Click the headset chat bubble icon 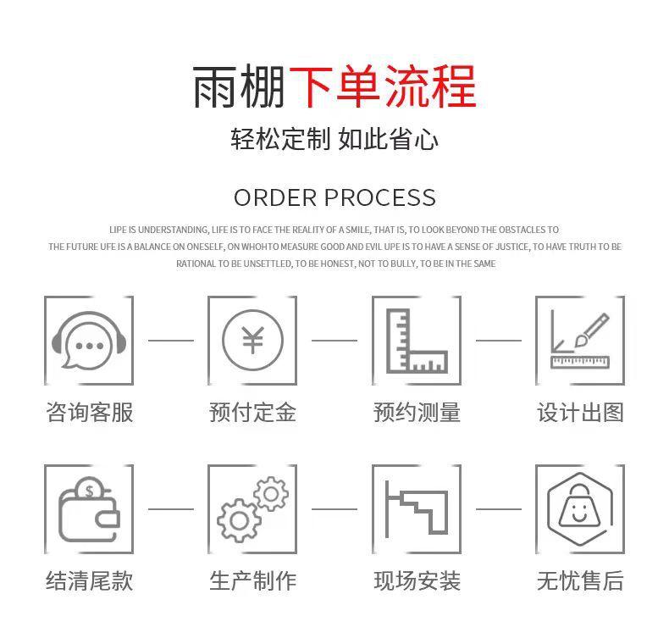(x=89, y=341)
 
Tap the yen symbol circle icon (x=252, y=341)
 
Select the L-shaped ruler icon (x=416, y=341)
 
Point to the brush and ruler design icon (x=580, y=341)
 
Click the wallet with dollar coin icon (x=89, y=509)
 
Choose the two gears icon (x=252, y=509)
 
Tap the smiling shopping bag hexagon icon (x=580, y=509)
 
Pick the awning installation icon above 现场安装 (x=416, y=509)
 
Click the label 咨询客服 (x=89, y=413)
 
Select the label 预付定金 (x=252, y=413)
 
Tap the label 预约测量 (x=417, y=413)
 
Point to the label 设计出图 (x=580, y=413)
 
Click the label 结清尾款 (x=89, y=581)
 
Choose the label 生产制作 (x=252, y=581)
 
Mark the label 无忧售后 (x=580, y=581)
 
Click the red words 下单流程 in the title (x=382, y=86)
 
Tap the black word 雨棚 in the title (x=240, y=86)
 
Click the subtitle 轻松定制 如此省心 (x=334, y=139)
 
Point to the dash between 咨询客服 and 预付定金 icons (x=171, y=341)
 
